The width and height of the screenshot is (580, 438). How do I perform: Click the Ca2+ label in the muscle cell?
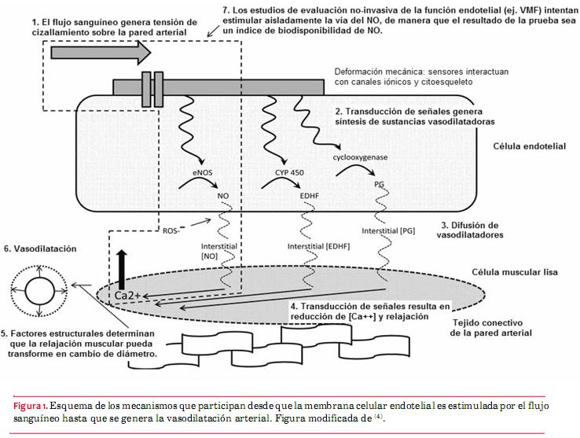pyautogui.click(x=128, y=296)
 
